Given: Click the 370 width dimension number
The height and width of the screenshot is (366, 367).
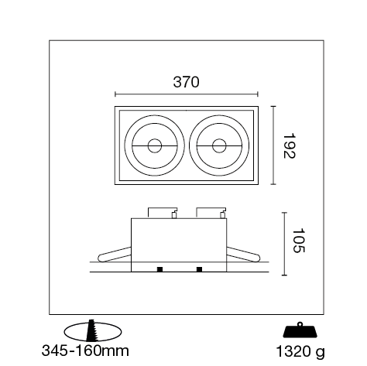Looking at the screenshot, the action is pos(186,82).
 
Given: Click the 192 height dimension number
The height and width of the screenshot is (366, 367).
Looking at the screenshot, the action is pos(289,145).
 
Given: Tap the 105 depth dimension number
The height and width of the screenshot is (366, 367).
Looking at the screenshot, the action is pos(299,241).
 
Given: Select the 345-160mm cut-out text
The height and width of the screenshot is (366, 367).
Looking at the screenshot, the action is pos(85,351).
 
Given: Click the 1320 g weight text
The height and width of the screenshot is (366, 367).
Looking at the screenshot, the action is pos(300,352).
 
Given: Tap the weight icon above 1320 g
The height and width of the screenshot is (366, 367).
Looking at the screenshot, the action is pos(300,330).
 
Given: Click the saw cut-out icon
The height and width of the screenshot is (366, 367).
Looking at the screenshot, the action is pos(93,331).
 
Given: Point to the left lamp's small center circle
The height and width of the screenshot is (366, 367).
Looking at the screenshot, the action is pos(155,145).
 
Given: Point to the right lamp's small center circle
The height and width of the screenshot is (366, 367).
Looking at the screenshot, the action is pos(219,145).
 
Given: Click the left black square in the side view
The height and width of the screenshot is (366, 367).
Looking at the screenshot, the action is pos(159,269).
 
